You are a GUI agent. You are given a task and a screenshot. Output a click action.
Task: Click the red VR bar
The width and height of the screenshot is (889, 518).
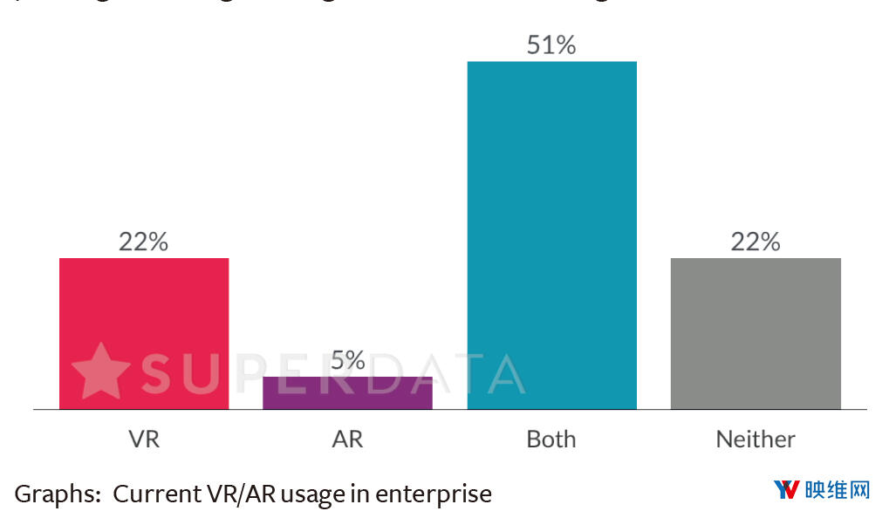pos(144,333)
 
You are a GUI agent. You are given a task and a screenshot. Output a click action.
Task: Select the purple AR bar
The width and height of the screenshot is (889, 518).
pos(347,392)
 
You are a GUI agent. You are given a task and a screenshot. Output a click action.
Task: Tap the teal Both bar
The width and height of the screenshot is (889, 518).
pos(551,235)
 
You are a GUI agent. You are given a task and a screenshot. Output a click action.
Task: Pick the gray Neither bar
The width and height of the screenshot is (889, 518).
pos(756,333)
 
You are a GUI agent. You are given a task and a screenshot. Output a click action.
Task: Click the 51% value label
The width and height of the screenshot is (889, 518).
pos(551,45)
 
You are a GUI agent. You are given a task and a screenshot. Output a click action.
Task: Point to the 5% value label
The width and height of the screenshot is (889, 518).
pos(347,360)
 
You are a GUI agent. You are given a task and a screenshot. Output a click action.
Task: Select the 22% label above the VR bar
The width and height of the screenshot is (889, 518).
pos(144,242)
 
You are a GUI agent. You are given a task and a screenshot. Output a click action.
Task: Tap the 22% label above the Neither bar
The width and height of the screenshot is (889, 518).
pos(756,242)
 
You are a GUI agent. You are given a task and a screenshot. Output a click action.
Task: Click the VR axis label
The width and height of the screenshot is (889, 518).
pos(144,439)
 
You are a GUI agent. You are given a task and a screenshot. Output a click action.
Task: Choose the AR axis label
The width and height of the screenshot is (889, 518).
pos(347,439)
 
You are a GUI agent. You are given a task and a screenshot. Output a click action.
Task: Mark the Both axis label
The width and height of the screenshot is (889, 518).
pos(551,439)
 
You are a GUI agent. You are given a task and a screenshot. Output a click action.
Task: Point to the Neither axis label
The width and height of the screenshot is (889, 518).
pos(756,439)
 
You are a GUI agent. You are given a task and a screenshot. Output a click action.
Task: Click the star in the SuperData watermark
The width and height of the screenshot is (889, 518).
pos(100,371)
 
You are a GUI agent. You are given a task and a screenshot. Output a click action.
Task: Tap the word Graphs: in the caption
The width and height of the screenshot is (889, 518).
pos(58,494)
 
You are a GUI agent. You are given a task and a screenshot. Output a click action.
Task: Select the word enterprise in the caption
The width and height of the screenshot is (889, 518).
pos(434,494)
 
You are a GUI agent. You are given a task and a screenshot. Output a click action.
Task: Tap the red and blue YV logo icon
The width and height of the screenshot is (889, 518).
pos(787,490)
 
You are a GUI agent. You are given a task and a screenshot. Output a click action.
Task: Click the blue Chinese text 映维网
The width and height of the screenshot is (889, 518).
pos(838,490)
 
